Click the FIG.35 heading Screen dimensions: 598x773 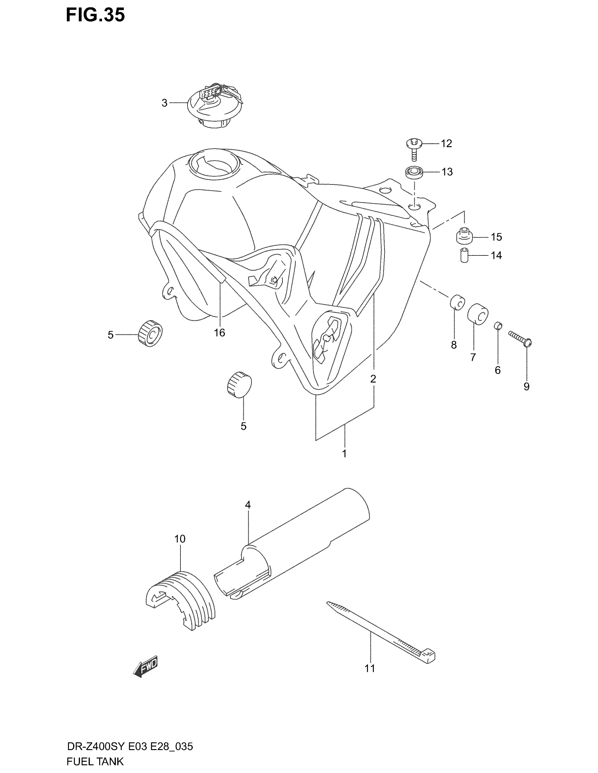(x=95, y=15)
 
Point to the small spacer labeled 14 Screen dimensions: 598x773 (x=464, y=255)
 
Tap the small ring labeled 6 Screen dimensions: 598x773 (x=498, y=325)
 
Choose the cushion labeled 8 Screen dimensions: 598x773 (x=457, y=301)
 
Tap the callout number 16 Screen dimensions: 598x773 (x=219, y=333)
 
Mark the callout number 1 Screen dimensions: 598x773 (x=344, y=453)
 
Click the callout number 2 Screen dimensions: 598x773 (x=373, y=379)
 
